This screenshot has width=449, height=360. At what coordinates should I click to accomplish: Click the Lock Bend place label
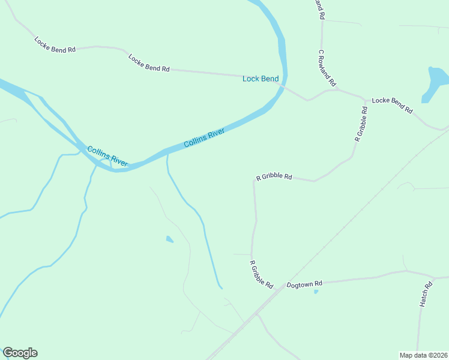tap(261, 79)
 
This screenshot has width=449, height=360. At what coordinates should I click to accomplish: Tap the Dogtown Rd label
tap(304, 284)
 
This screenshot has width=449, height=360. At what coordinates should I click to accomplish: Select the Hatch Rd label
tap(426, 295)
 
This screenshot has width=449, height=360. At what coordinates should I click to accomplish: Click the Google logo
tap(20, 353)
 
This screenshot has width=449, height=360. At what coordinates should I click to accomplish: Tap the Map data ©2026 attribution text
tap(423, 355)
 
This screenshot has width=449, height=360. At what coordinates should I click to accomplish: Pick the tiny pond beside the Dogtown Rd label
tap(316, 292)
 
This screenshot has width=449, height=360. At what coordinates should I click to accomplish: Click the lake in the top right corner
tap(436, 82)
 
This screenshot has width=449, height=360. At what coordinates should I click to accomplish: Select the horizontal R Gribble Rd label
tap(274, 177)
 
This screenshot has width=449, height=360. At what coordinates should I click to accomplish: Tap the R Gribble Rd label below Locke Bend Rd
tap(361, 124)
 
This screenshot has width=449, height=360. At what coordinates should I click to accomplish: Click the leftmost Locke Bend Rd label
tap(55, 45)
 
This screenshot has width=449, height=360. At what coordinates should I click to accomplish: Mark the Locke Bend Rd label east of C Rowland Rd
tap(393, 105)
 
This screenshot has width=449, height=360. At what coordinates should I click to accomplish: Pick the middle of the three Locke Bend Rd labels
tap(149, 63)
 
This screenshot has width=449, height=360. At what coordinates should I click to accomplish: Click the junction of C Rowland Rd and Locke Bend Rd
tap(337, 89)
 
